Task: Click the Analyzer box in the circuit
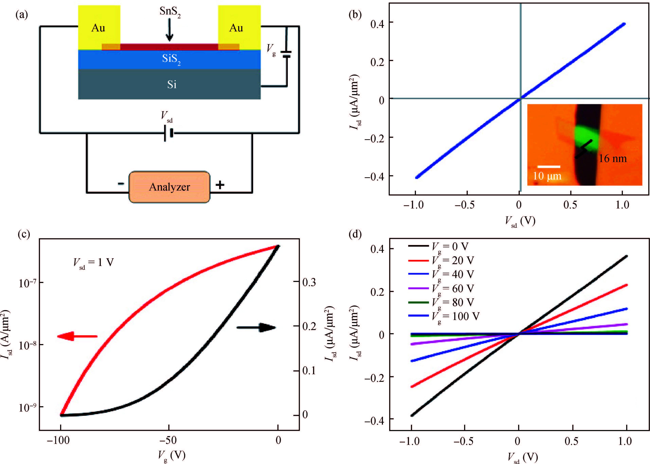[x=169, y=187]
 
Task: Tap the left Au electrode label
[x=98, y=28]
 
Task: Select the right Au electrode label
[x=236, y=28]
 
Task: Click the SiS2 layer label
[x=171, y=59]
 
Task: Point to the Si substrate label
[x=172, y=85]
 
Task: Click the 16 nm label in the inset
[x=613, y=159]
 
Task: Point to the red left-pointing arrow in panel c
[x=77, y=336]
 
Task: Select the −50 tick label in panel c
[x=168, y=440]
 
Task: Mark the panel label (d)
[x=355, y=234]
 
